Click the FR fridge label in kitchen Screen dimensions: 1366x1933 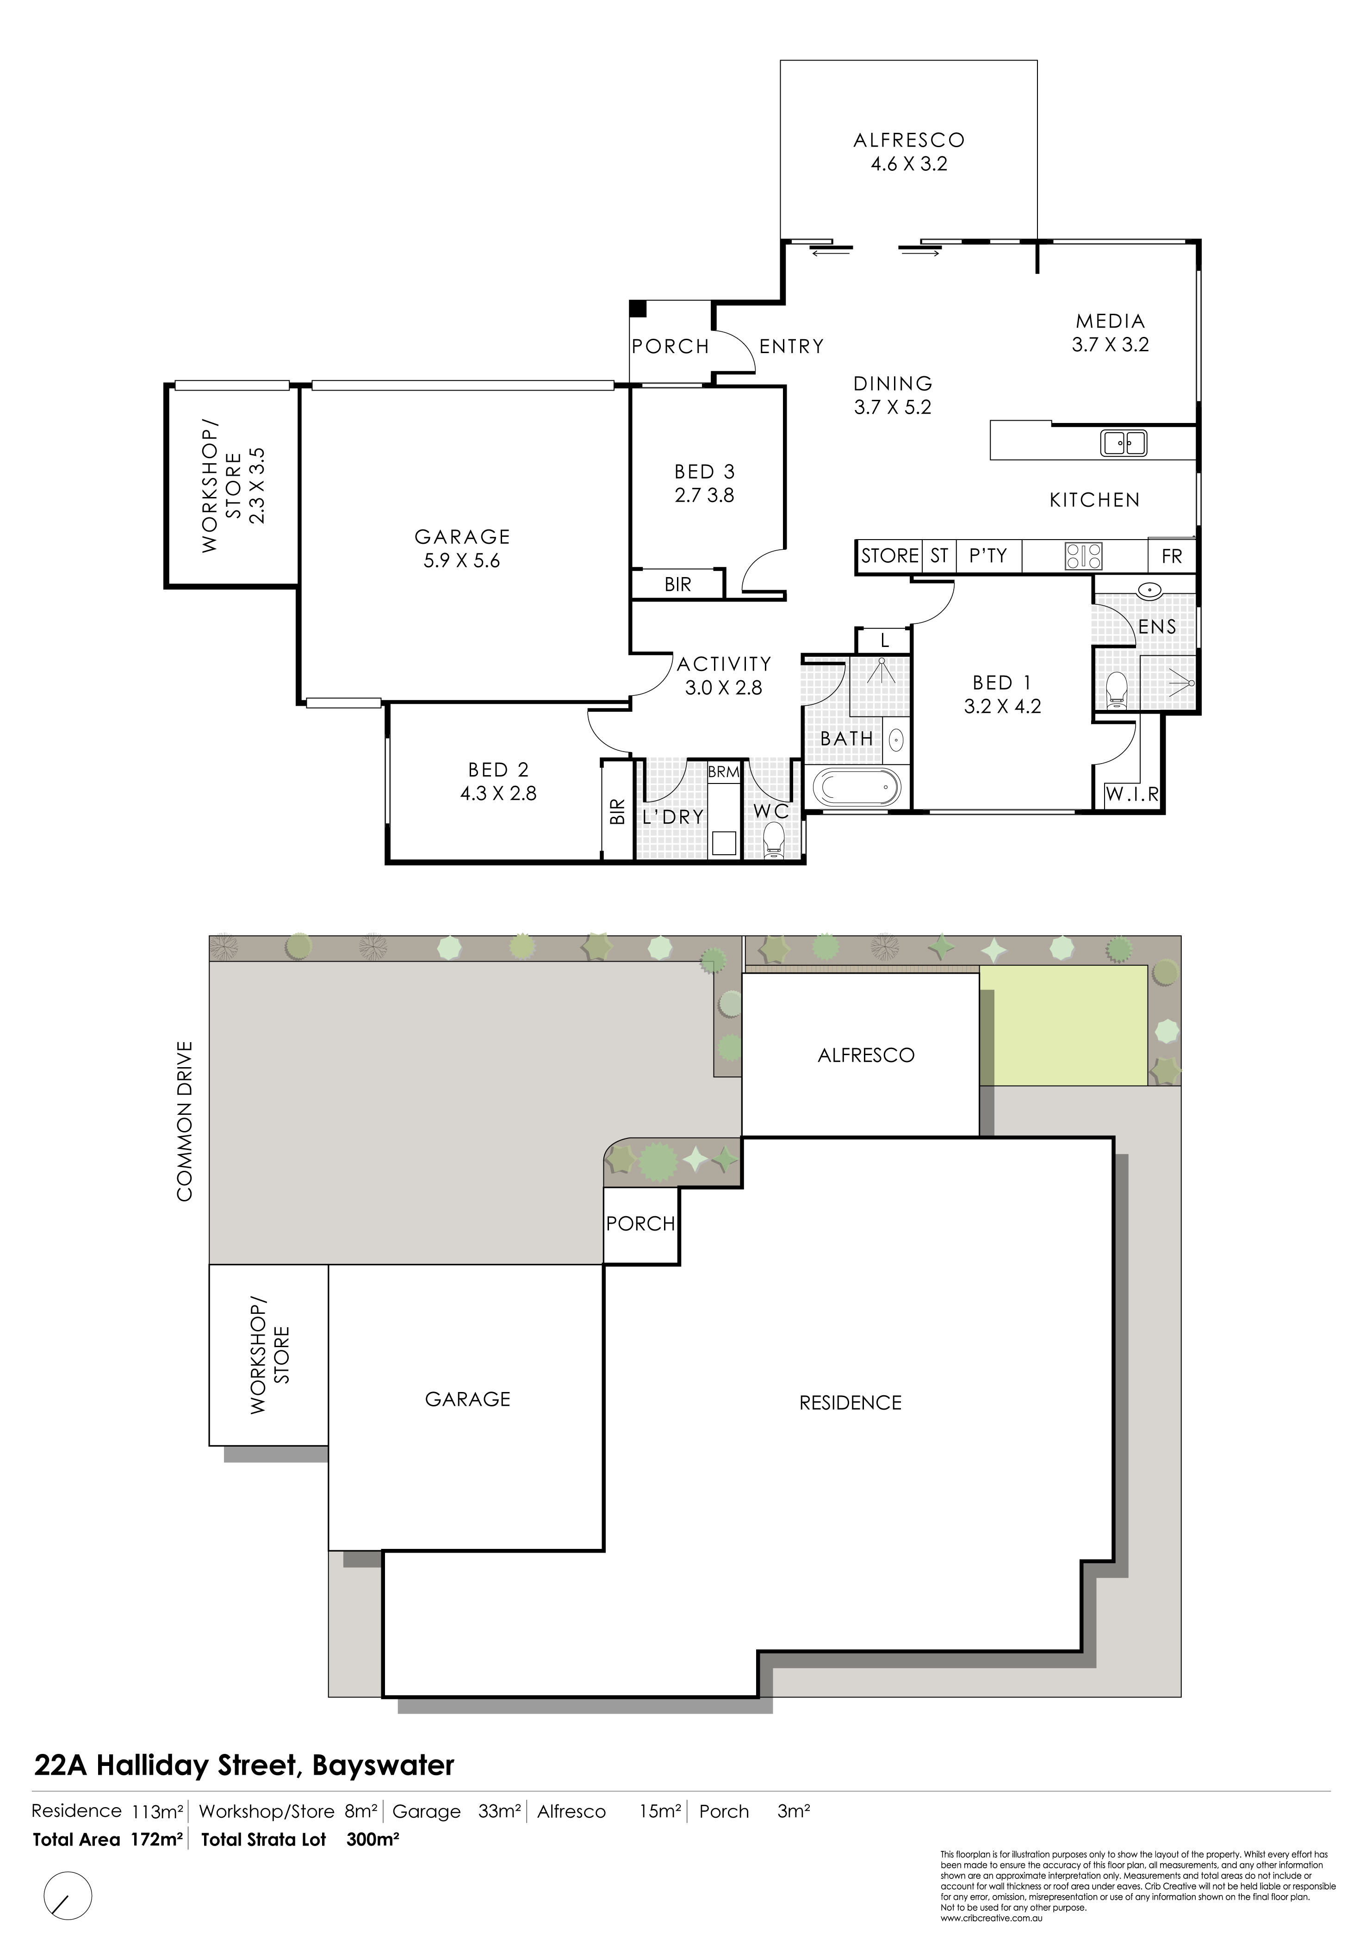coord(1172,557)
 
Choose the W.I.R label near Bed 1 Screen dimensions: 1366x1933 coord(1132,794)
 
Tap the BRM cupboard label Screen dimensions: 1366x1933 coord(723,771)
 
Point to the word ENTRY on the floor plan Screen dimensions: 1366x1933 coord(791,346)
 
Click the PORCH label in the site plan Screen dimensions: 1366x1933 coord(640,1224)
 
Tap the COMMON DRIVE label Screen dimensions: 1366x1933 coord(184,1120)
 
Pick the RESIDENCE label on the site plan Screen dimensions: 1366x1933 coord(850,1403)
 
